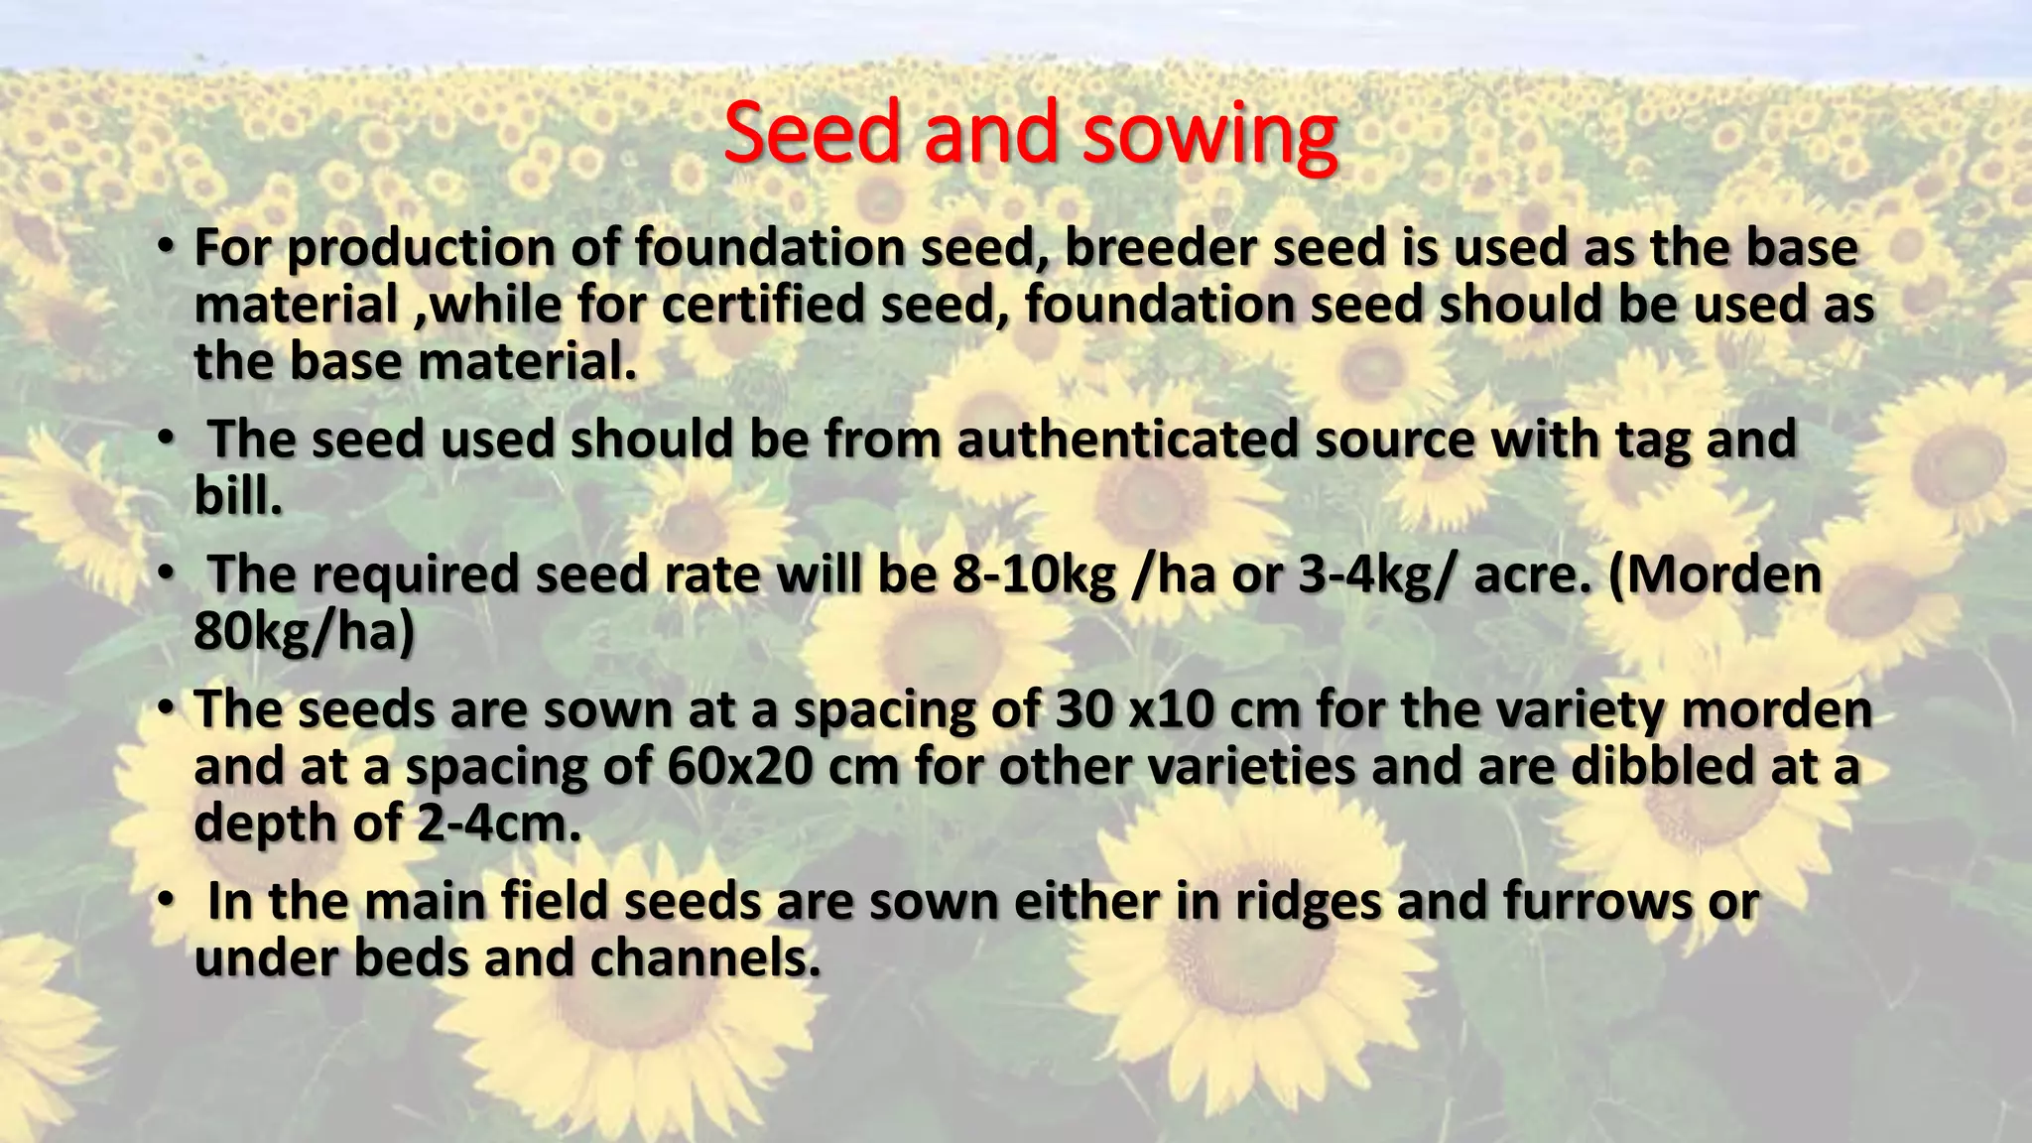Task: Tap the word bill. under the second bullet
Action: click(x=238, y=495)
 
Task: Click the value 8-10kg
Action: click(x=1034, y=574)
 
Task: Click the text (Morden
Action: click(x=1714, y=574)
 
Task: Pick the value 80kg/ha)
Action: click(x=304, y=631)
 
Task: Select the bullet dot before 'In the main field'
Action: click(x=166, y=899)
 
